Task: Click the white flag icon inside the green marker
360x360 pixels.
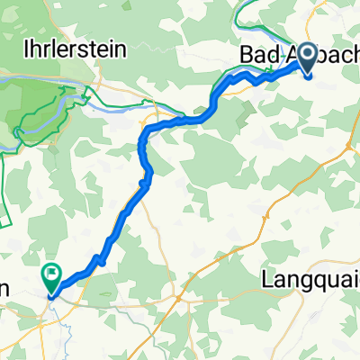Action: coord(51,270)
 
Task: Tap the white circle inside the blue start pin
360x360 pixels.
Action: coord(307,56)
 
